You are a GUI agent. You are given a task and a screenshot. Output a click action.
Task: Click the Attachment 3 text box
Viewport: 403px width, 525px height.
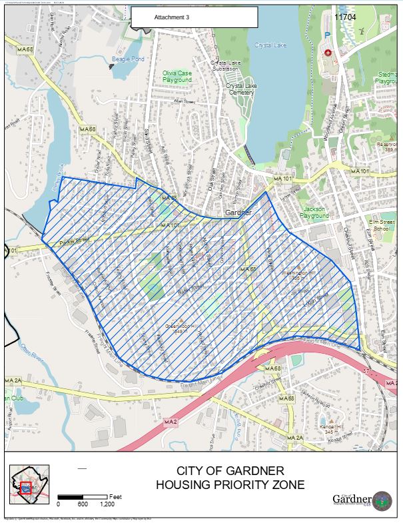click(194, 17)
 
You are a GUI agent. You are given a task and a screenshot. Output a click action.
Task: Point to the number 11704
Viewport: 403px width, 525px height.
click(344, 17)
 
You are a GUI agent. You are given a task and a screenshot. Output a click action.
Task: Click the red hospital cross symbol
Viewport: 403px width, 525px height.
click(327, 53)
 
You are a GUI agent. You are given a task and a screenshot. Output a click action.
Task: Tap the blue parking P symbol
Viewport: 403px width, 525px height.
click(326, 35)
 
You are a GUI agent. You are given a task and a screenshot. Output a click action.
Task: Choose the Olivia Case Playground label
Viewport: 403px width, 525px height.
click(177, 77)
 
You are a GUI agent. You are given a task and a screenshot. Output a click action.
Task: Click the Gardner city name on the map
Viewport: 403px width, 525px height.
click(238, 213)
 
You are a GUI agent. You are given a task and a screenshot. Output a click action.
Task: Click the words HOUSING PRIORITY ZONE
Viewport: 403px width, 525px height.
click(230, 485)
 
